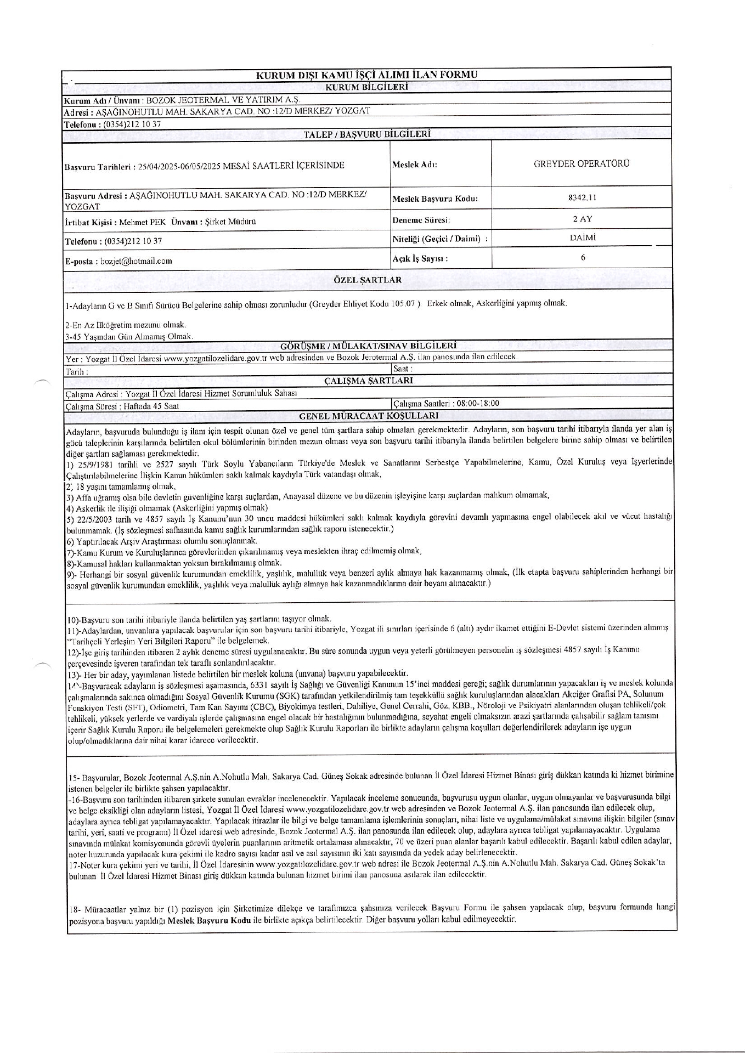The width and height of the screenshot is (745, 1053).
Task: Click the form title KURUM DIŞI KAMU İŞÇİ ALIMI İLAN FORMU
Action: [366, 75]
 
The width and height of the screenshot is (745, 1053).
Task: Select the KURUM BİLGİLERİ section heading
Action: [366, 87]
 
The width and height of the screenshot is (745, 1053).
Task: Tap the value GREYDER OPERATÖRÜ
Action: [582, 163]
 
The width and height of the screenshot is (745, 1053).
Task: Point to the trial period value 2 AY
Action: [582, 219]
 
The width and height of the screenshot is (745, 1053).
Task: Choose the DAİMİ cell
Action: [583, 237]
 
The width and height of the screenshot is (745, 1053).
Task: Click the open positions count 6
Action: [583, 257]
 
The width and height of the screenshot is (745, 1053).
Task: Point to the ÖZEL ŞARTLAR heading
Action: [368, 280]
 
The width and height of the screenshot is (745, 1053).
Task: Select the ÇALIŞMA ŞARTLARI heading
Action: [368, 380]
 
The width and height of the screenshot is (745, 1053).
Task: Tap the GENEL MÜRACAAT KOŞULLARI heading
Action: [368, 416]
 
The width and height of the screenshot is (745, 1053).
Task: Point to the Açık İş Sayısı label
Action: [420, 258]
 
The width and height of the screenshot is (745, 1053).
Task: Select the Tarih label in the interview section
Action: [76, 372]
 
